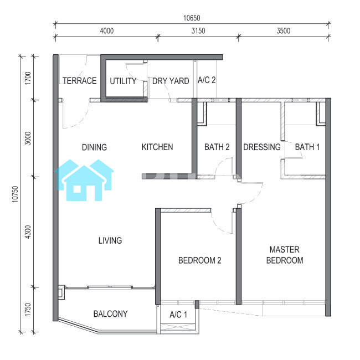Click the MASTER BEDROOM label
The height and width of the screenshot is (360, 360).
click(285, 255)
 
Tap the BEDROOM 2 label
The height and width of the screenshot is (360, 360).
click(200, 260)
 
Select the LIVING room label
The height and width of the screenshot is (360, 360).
click(110, 240)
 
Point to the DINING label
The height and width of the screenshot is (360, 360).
click(94, 147)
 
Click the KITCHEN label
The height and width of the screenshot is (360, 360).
click(157, 147)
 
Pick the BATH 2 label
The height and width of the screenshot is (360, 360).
click(217, 147)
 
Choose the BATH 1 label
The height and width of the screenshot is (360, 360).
click(307, 147)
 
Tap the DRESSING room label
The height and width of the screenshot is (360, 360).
click(262, 147)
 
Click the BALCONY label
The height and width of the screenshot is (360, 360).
click(110, 314)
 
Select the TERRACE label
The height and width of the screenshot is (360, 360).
click(80, 81)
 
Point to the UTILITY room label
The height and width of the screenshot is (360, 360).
click(123, 81)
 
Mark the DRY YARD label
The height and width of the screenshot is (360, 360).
click(171, 81)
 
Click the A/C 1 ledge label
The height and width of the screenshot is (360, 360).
click(178, 315)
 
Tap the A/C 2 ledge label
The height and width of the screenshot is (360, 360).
click(207, 80)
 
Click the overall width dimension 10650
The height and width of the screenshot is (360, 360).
click(192, 18)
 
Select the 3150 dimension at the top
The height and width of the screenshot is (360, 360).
click(198, 31)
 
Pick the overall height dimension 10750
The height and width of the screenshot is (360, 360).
click(15, 194)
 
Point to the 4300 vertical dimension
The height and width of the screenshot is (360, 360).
click(28, 232)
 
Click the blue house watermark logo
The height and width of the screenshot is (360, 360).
click(84, 180)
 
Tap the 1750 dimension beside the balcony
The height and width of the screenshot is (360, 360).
click(28, 310)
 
